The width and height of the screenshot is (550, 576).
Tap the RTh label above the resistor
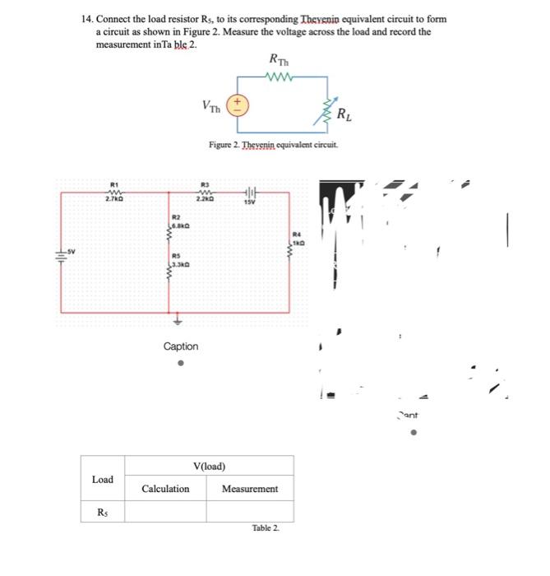[278, 60]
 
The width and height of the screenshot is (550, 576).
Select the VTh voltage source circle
[237, 104]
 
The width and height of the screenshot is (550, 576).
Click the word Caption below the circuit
[180, 346]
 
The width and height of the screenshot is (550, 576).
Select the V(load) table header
[210, 466]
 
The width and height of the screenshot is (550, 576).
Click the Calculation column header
[165, 489]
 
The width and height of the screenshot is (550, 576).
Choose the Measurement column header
[250, 489]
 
